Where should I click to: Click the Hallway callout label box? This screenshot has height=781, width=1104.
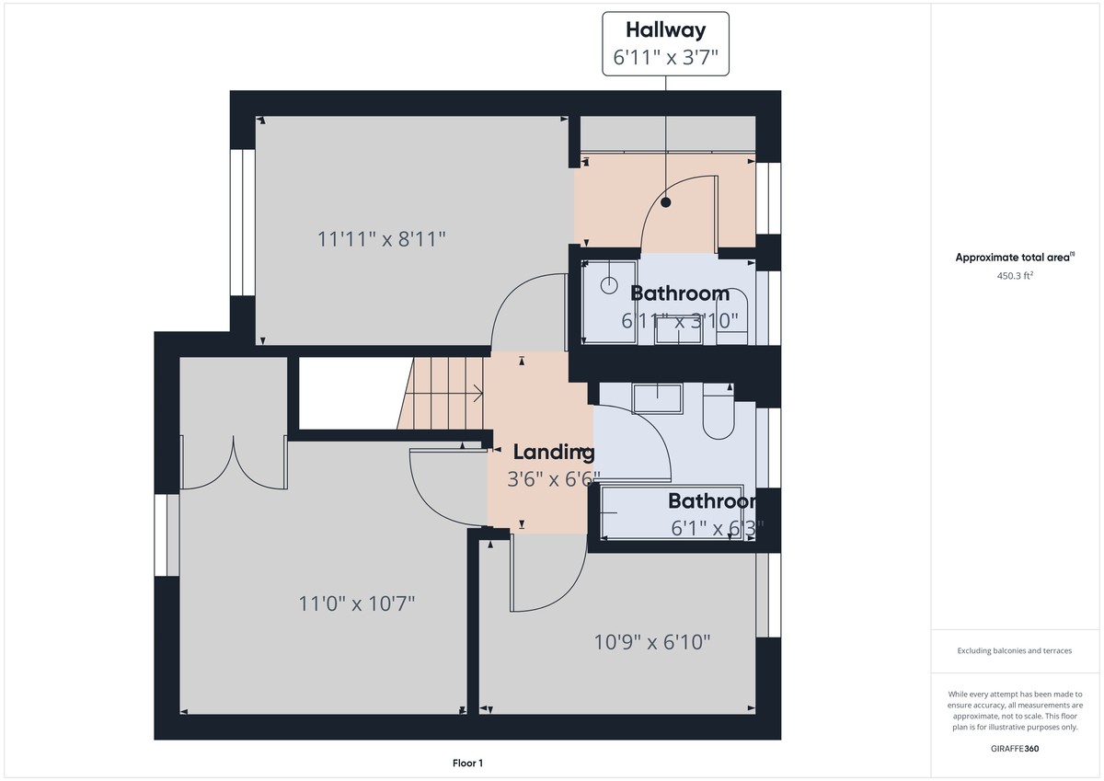[x=665, y=43]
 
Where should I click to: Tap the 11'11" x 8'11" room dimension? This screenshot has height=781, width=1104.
[x=382, y=239]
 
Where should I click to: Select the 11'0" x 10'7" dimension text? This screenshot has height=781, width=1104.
[x=357, y=604]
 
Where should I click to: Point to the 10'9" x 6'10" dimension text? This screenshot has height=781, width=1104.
[x=652, y=642]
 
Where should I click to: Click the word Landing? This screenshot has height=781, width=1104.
[x=553, y=452]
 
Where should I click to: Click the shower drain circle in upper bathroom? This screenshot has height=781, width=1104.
[x=609, y=285]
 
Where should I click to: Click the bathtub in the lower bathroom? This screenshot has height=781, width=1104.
[x=672, y=512]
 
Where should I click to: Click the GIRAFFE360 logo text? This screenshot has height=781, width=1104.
[x=1015, y=749]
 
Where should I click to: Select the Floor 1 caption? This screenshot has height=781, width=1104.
[x=467, y=763]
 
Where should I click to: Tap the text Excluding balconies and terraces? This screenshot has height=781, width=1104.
[x=1014, y=650]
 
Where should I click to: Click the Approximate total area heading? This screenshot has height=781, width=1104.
[x=1014, y=258]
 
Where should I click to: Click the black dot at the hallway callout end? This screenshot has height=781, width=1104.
[x=665, y=202]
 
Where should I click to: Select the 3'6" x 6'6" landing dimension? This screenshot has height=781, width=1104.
[x=553, y=478]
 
